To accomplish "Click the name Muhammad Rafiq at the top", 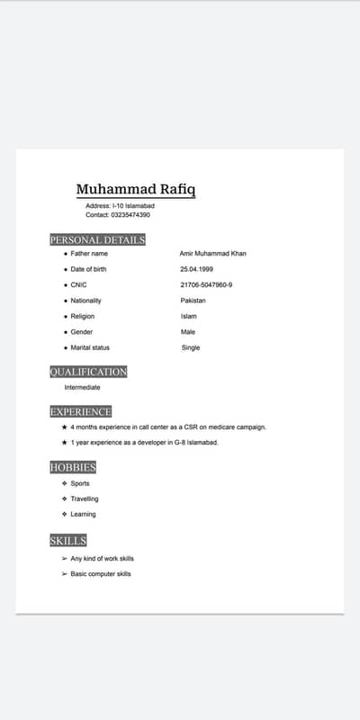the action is pos(135,189).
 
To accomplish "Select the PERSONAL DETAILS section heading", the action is pos(97,239).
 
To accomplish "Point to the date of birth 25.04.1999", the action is pos(196,269).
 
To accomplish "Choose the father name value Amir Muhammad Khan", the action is pos(212,254).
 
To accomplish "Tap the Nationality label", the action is pos(86,301).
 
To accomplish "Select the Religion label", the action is pos(83,316).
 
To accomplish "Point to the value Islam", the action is pos(188,316).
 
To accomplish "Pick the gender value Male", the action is pos(188,332).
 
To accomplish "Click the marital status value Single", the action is pos(191,347).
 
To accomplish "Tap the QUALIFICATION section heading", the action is pos(88,371).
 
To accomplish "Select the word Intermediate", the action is pos(82,387).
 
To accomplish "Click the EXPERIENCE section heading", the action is pos(81,411).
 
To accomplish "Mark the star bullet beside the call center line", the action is pos(64,427).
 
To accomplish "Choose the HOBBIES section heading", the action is pos(73,467).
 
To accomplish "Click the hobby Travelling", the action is pos(85,499).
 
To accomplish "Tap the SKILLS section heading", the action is pos(68,540).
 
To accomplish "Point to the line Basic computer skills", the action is pos(101,573).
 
